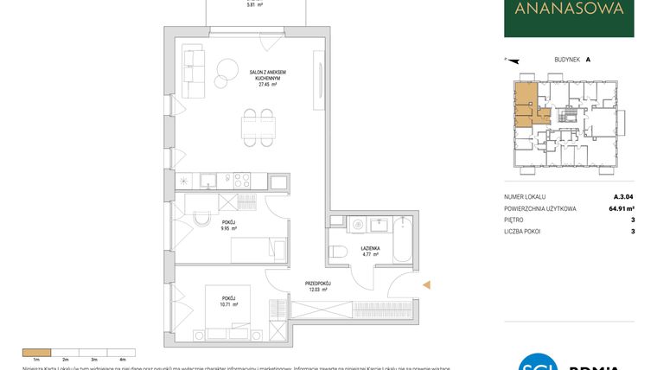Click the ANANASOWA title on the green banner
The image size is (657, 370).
[x=569, y=10]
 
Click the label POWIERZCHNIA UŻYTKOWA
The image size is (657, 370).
[x=544, y=209]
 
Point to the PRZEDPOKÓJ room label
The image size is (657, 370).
[x=317, y=283]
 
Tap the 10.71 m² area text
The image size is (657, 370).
[x=228, y=305]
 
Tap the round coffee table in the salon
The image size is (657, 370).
[x=228, y=70]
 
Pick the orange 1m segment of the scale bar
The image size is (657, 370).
[x=37, y=353]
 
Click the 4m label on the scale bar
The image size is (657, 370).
[x=123, y=358]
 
